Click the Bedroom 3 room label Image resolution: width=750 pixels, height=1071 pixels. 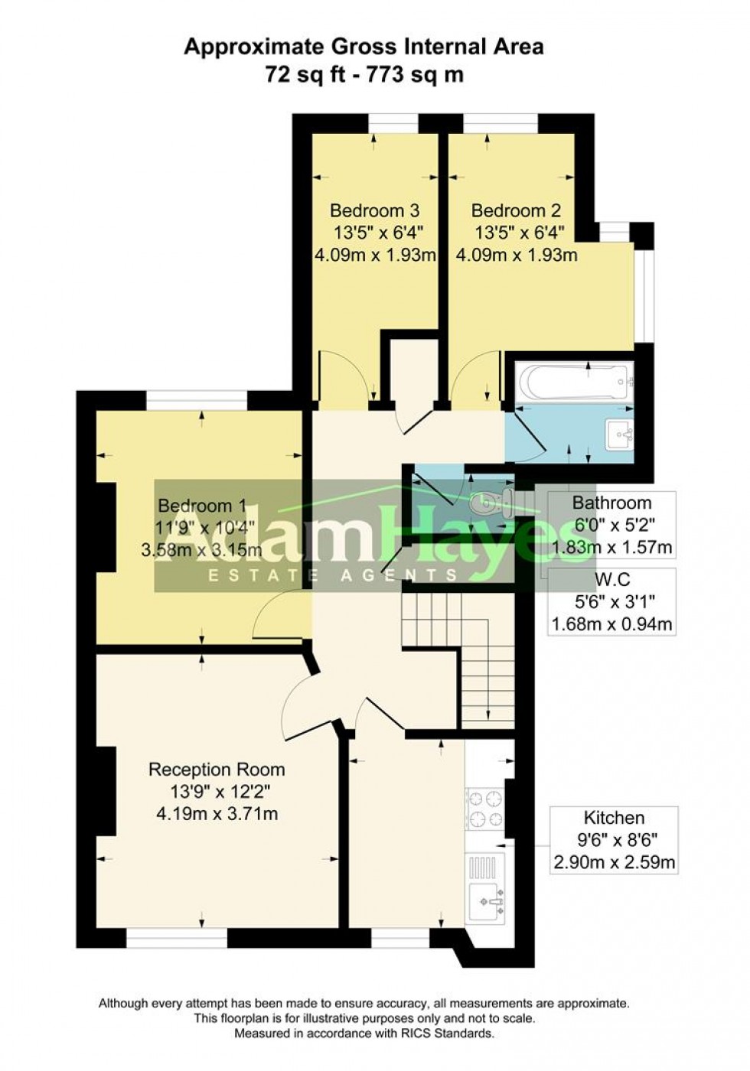tap(374, 210)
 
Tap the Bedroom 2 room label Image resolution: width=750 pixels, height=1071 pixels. tap(516, 210)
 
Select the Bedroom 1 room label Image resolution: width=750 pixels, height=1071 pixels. tap(201, 506)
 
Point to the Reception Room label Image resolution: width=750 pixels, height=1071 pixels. tap(217, 770)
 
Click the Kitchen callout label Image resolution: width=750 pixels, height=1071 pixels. tap(614, 818)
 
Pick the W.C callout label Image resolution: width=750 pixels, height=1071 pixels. tap(612, 580)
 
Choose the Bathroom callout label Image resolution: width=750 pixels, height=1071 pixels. tap(612, 503)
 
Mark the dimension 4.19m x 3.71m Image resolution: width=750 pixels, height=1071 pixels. tap(217, 814)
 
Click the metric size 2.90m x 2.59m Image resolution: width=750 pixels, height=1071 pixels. tap(614, 864)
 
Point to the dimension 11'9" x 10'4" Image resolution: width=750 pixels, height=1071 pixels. tap(201, 527)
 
